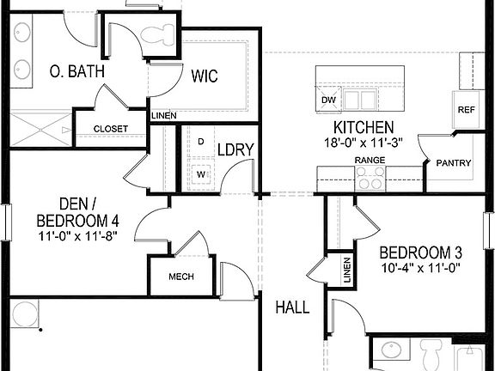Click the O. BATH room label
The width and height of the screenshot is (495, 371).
coord(76,71)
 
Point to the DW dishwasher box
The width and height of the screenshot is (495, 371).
coord(327,100)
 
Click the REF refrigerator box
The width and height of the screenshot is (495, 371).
coord(466,110)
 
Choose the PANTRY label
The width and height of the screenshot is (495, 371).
coord(452,162)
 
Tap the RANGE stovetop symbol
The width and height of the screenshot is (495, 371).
coord(371,178)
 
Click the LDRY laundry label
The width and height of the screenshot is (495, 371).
coord(235,149)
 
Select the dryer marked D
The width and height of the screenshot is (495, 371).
coord(200,142)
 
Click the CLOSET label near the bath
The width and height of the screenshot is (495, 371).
coord(110,129)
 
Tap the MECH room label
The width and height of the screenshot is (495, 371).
coord(180,277)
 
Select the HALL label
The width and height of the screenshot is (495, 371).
coord(292,307)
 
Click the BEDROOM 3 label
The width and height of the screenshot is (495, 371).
coord(421,252)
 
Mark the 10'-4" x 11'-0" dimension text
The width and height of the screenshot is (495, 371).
coord(421,267)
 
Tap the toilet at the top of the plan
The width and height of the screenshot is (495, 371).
coord(157,35)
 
